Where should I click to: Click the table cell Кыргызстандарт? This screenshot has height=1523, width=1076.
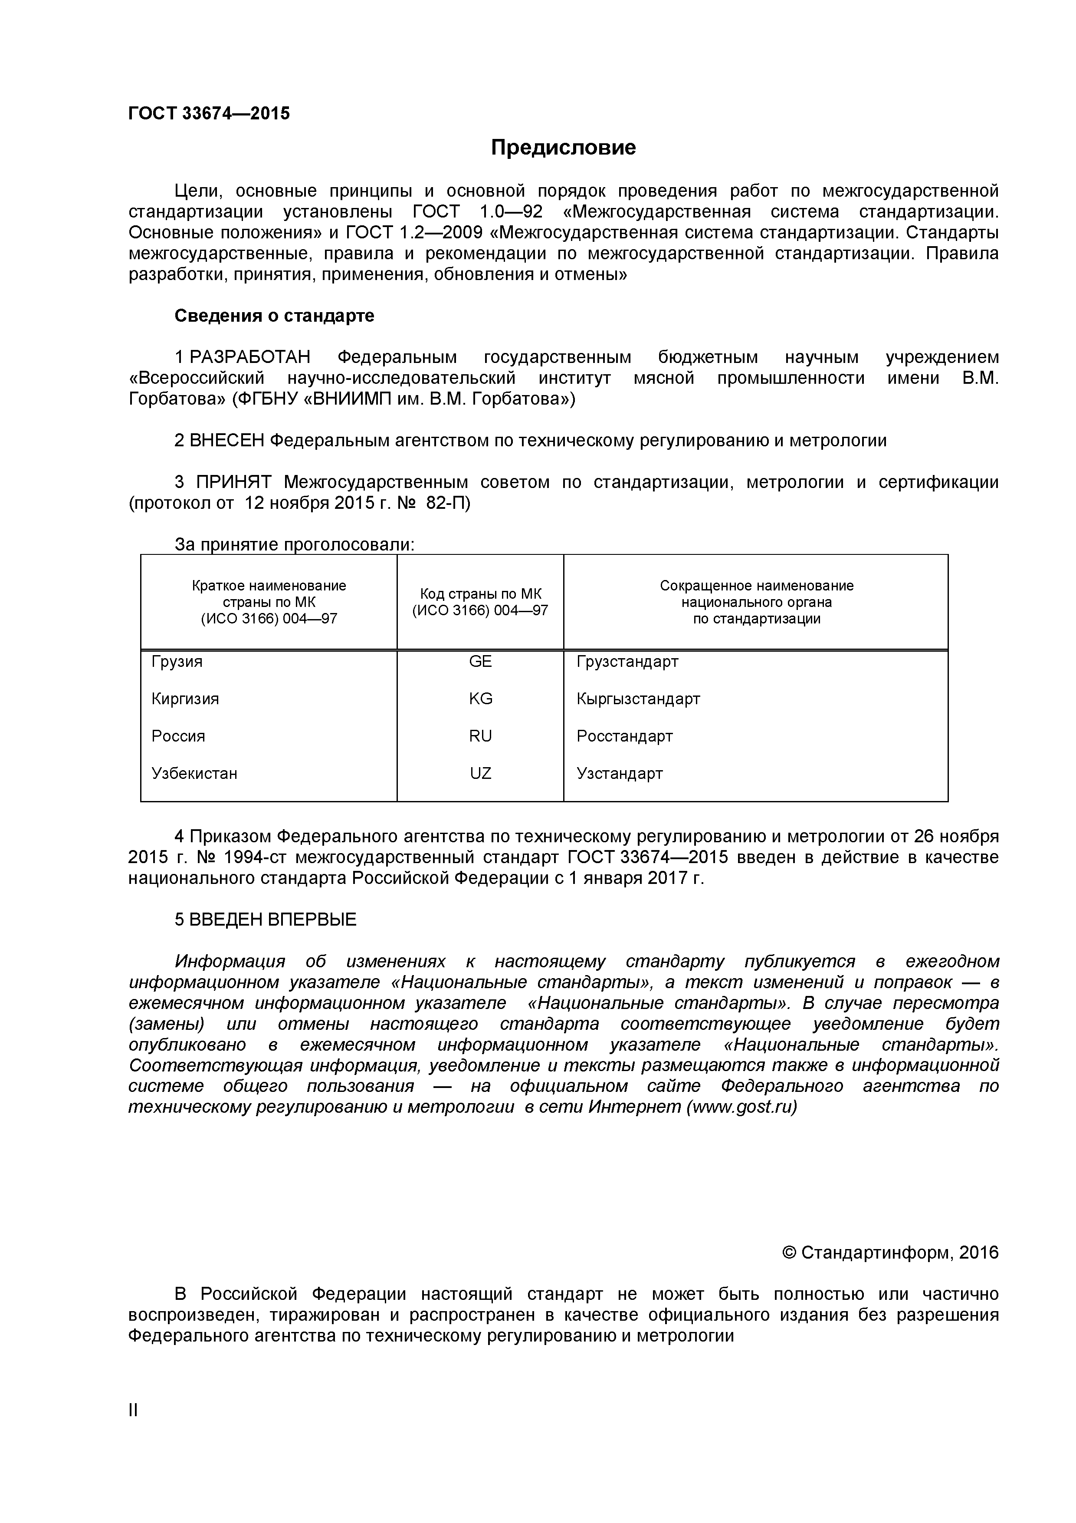tap(638, 699)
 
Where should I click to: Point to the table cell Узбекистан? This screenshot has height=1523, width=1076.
tap(194, 774)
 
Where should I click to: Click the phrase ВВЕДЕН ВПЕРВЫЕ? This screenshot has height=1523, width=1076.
tap(272, 920)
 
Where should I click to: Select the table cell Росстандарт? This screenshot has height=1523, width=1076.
tap(624, 736)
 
